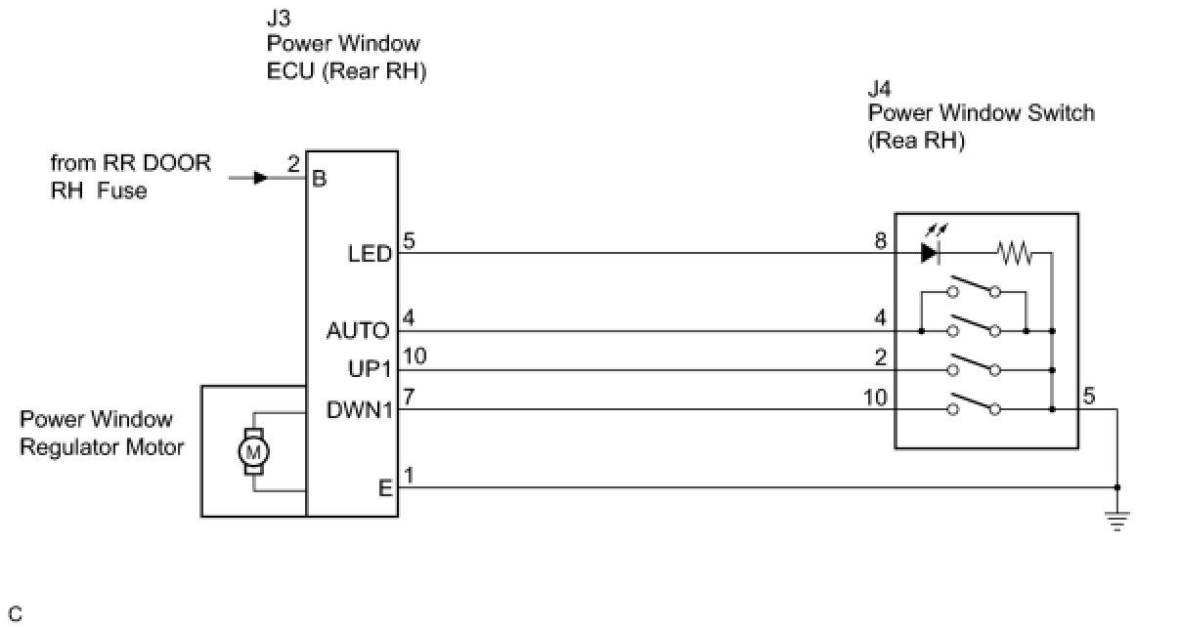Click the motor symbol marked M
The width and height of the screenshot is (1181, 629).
253,451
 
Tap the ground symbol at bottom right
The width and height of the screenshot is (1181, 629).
1117,521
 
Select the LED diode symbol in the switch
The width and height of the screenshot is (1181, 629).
930,253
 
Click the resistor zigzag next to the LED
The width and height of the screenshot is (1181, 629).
1016,253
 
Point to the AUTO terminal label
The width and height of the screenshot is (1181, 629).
358,331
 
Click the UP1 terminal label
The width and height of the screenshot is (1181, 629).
371,369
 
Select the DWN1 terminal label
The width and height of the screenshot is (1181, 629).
360,410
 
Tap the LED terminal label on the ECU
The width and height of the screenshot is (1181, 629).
371,255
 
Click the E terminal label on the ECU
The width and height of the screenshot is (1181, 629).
385,488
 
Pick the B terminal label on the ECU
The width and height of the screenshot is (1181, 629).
320,179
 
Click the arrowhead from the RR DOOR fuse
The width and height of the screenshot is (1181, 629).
261,178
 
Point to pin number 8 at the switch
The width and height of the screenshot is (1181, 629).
881,240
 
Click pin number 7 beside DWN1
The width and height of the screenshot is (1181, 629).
409,397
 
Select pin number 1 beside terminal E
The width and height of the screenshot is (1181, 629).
409,476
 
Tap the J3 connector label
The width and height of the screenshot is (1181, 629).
279,19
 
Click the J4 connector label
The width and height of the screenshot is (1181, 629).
880,90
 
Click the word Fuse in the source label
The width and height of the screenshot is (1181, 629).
122,190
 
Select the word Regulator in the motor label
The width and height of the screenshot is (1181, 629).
66,447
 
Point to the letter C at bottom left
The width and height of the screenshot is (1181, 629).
16,614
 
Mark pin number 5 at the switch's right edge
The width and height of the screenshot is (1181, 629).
1089,396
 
